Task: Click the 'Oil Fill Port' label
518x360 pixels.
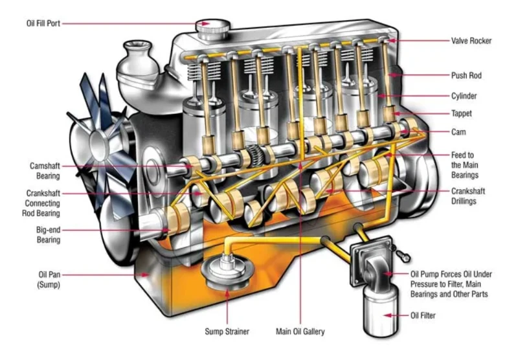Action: click(43, 23)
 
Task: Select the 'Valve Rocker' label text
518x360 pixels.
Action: click(471, 41)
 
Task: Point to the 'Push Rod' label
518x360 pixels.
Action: click(466, 76)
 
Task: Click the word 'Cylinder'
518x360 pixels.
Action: click(464, 96)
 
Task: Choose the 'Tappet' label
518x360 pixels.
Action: click(462, 113)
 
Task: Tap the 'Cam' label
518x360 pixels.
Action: click(458, 132)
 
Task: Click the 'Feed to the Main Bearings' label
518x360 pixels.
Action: click(465, 165)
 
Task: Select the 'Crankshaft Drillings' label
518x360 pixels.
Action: click(468, 196)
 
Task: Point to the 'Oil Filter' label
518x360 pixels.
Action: click(423, 315)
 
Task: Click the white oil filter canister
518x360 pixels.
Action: click(381, 311)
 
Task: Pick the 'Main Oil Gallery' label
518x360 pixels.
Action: click(300, 332)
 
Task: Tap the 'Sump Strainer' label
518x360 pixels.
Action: click(227, 332)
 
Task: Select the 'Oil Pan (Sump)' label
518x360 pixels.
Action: click(49, 280)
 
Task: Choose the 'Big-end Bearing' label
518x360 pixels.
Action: click(48, 235)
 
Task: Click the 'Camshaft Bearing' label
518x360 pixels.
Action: click(45, 171)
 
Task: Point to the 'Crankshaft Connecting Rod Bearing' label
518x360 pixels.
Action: click(41, 203)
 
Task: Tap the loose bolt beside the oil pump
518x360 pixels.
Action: click(403, 256)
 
